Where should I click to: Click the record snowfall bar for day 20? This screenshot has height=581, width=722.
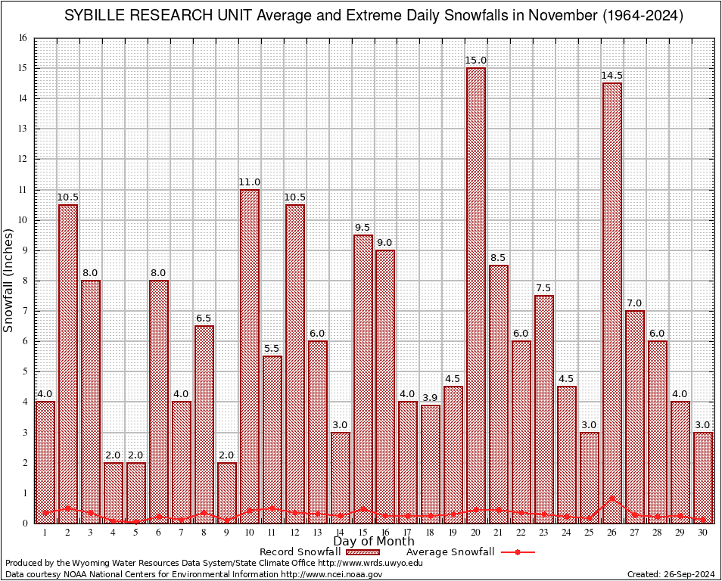click(x=476, y=295)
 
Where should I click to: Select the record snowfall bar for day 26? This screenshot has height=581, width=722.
click(x=612, y=303)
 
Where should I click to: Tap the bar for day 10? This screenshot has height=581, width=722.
click(x=249, y=356)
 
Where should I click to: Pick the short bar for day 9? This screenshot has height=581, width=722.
click(x=226, y=492)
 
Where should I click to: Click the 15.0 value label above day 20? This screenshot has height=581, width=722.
click(x=476, y=61)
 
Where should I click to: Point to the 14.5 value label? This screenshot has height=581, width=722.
click(x=612, y=76)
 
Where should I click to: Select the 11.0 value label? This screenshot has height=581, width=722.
click(x=249, y=182)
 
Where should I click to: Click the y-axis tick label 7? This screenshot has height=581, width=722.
click(x=25, y=311)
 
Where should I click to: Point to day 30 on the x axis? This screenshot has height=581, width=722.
click(x=703, y=533)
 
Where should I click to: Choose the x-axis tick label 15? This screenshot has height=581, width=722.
click(x=363, y=533)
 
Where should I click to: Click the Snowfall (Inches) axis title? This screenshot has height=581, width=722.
click(x=9, y=280)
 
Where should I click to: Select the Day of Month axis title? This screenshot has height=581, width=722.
click(x=374, y=542)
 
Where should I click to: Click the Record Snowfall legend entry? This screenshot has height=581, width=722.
click(x=303, y=552)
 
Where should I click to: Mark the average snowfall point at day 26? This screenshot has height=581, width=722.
click(x=612, y=499)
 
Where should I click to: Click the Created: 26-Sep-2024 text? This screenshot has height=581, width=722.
click(x=671, y=575)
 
